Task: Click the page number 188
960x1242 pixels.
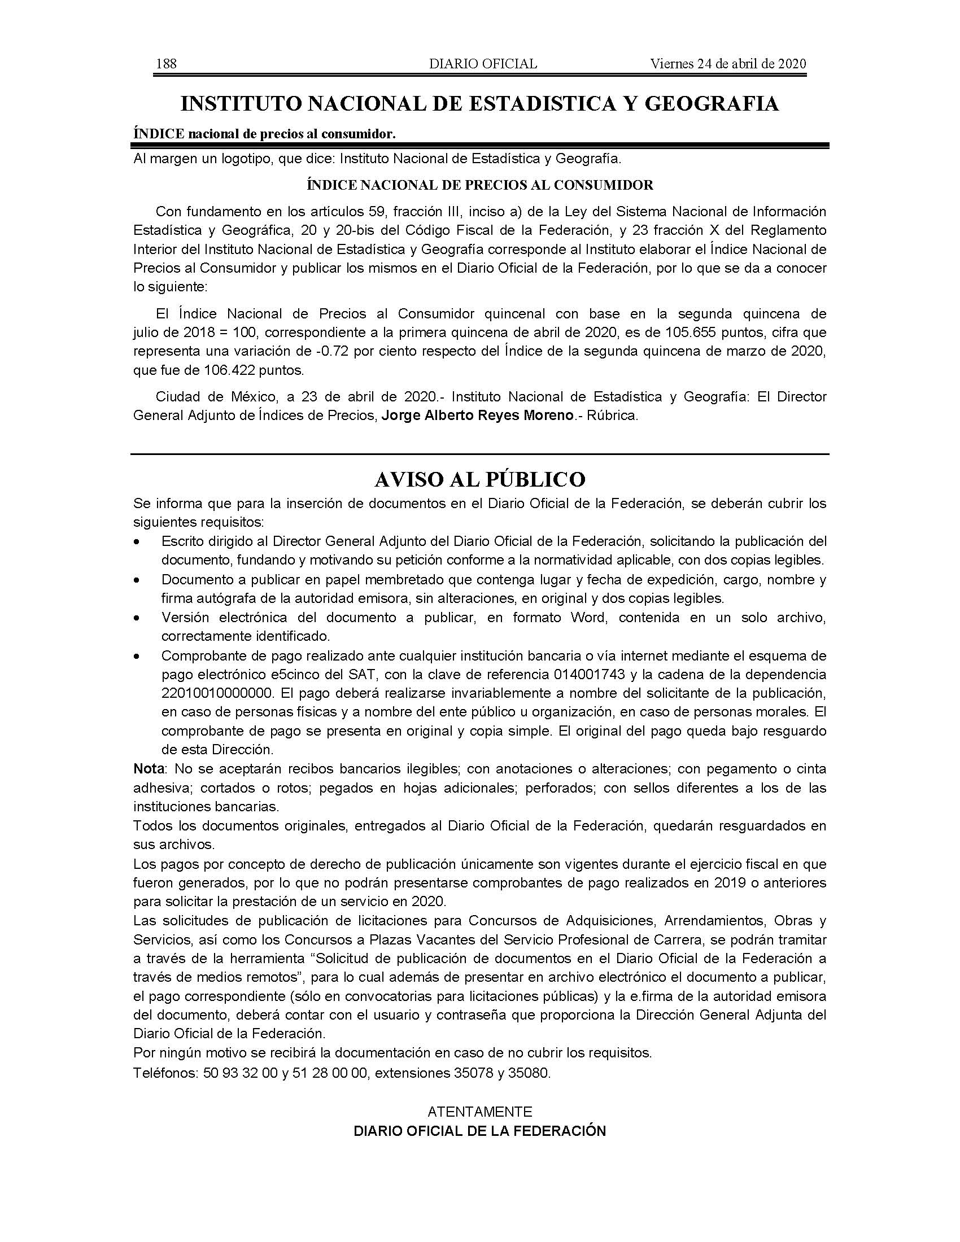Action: pos(166,64)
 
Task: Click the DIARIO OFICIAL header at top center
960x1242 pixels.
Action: pos(483,64)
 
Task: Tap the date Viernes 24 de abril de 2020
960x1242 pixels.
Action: pos(728,64)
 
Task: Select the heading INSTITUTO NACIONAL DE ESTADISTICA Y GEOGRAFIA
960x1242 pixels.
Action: pos(479,104)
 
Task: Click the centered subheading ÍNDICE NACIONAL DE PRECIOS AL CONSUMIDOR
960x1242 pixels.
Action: pos(479,185)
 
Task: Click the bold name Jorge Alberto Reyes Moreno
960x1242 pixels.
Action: pos(477,416)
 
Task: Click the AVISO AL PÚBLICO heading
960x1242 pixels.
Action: pos(479,479)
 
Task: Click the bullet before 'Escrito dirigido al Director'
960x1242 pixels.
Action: pos(137,543)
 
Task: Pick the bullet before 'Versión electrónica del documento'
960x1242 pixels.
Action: pos(137,618)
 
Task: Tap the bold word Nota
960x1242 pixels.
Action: pos(149,769)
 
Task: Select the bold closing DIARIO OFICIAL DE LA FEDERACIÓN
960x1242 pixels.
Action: pos(479,1131)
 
